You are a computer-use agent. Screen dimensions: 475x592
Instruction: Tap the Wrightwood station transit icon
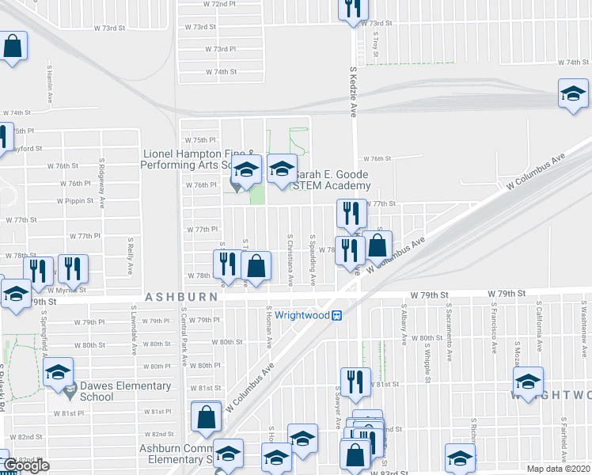coord(336,315)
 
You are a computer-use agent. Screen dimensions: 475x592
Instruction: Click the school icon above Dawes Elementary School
coord(58,372)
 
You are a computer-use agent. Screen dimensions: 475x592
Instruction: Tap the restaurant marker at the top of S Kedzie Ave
coord(351,8)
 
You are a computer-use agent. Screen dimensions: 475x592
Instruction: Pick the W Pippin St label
coord(75,201)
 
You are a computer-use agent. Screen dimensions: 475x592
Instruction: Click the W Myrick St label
coord(70,290)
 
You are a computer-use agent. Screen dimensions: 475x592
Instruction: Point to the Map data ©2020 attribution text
coord(559,469)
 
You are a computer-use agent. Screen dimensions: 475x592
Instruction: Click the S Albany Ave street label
coord(404,328)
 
